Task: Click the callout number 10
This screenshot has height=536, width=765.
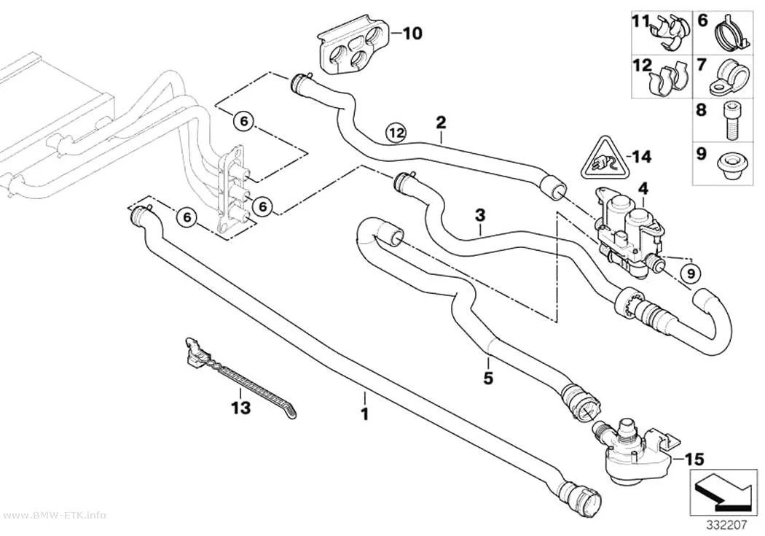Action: (412, 34)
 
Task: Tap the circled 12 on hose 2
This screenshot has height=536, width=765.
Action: (396, 132)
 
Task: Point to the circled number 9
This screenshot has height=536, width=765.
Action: (691, 274)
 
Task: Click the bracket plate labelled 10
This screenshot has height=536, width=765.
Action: (354, 48)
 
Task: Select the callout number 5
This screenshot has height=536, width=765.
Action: (488, 377)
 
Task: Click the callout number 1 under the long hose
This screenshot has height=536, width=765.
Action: (364, 414)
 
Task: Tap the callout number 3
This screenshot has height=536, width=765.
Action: (481, 215)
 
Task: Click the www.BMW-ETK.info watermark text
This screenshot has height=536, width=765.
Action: (53, 516)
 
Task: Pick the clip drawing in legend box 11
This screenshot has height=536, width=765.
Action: (670, 32)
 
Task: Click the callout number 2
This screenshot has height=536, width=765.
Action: (441, 122)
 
